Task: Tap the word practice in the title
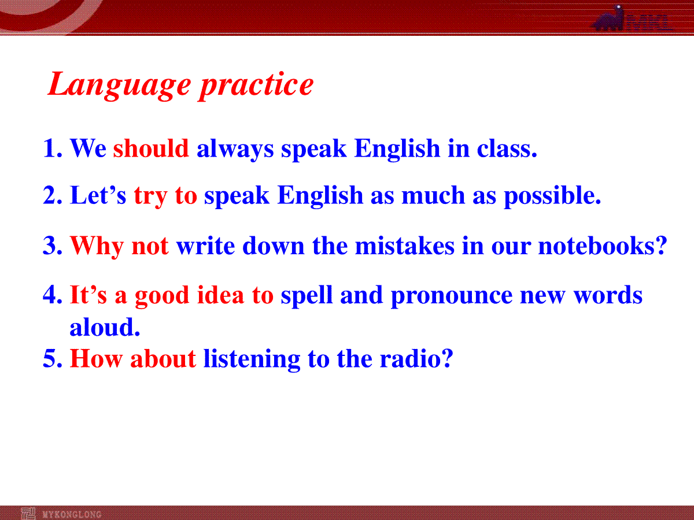[x=256, y=84]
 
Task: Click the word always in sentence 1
[x=235, y=150]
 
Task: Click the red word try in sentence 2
[x=150, y=196]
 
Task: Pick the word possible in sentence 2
[x=552, y=195]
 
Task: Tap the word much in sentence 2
[x=433, y=195]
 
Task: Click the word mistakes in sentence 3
[x=405, y=245]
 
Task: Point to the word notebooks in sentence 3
[x=603, y=245]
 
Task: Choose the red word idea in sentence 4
[x=220, y=295]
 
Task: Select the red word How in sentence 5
[x=96, y=358]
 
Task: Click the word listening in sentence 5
[x=252, y=360]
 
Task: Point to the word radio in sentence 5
[x=416, y=358]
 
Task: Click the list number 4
[x=52, y=295]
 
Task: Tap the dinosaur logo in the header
[x=608, y=18]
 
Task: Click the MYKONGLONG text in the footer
[x=72, y=514]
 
